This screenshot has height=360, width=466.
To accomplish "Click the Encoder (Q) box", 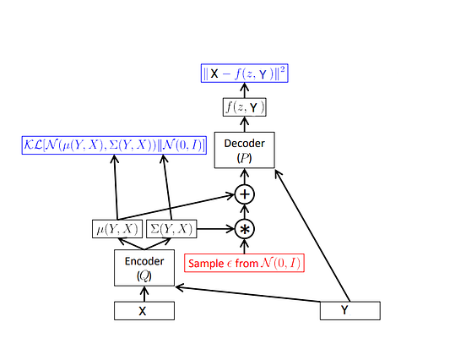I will (144, 268).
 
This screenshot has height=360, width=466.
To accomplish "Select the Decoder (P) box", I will (244, 150).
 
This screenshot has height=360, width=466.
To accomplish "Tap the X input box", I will (144, 311).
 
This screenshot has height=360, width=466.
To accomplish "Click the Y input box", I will (349, 310).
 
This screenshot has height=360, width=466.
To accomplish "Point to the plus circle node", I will (245, 195).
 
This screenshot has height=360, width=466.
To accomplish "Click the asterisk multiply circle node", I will (245, 228).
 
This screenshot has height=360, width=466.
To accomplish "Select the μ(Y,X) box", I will (117, 228).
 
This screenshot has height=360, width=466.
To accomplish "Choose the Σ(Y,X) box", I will (171, 228).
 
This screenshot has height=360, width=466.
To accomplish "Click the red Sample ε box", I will (244, 263).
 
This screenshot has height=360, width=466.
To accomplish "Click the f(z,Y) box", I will (245, 107).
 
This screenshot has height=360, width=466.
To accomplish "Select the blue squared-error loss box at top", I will (245, 73).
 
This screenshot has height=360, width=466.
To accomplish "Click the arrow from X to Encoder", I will (144, 294).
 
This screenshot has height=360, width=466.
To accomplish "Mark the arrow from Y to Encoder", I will (253, 294).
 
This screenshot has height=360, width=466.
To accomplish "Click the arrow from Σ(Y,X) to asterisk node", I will (215, 228).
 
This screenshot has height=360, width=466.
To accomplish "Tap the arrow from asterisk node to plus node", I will (245, 212).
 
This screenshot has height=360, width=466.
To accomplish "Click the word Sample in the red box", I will (205, 263).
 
